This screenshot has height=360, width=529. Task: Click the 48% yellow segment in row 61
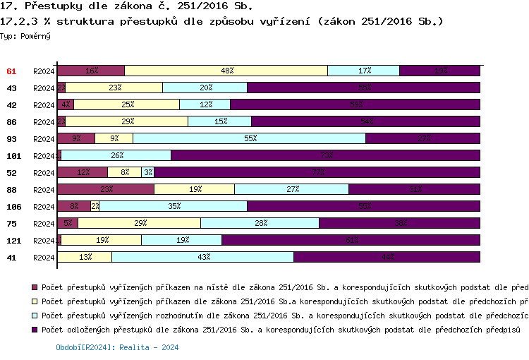click(226, 71)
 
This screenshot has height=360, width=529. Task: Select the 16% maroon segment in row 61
click(91, 71)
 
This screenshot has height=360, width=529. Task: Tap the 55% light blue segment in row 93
click(249, 138)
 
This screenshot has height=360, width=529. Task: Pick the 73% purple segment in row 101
click(326, 155)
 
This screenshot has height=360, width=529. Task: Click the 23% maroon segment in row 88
click(106, 189)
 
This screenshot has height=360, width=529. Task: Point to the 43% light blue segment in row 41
click(203, 257)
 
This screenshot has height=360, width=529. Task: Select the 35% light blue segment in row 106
click(174, 206)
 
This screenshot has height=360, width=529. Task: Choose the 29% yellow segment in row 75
click(140, 223)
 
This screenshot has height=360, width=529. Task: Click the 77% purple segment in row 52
click(317, 172)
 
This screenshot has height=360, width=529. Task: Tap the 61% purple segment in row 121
click(351, 240)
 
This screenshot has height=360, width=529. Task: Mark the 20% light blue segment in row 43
click(205, 88)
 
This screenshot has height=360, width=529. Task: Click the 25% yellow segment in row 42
click(127, 104)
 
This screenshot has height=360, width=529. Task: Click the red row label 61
click(11, 71)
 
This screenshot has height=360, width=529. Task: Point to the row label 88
click(11, 189)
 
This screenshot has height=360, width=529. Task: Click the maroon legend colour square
click(35, 288)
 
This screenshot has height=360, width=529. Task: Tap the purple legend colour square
click(35, 330)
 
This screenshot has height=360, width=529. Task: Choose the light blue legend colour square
click(35, 316)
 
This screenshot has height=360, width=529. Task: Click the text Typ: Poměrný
click(25, 35)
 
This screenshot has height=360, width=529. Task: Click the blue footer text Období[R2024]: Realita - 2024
click(116, 347)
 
